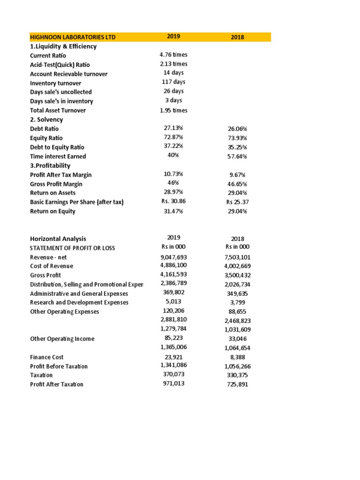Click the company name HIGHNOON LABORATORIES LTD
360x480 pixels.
coord(72,37)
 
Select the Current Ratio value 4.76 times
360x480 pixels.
coord(173,55)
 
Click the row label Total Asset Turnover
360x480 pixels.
coord(58,110)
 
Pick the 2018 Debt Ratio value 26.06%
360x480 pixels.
coord(237,128)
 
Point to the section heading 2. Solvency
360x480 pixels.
coord(46,120)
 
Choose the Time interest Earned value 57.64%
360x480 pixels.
coord(237,156)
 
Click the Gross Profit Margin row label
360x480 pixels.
coord(56,184)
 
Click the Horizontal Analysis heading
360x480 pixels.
coord(58,239)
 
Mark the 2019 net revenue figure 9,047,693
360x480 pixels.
coord(173,257)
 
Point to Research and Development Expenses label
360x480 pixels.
coord(79,302)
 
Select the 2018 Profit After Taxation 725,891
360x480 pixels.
coord(237,384)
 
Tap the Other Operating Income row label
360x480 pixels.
coord(62,338)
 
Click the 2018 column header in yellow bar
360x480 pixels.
coord(237,37)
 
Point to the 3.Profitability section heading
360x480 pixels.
coord(50,165)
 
